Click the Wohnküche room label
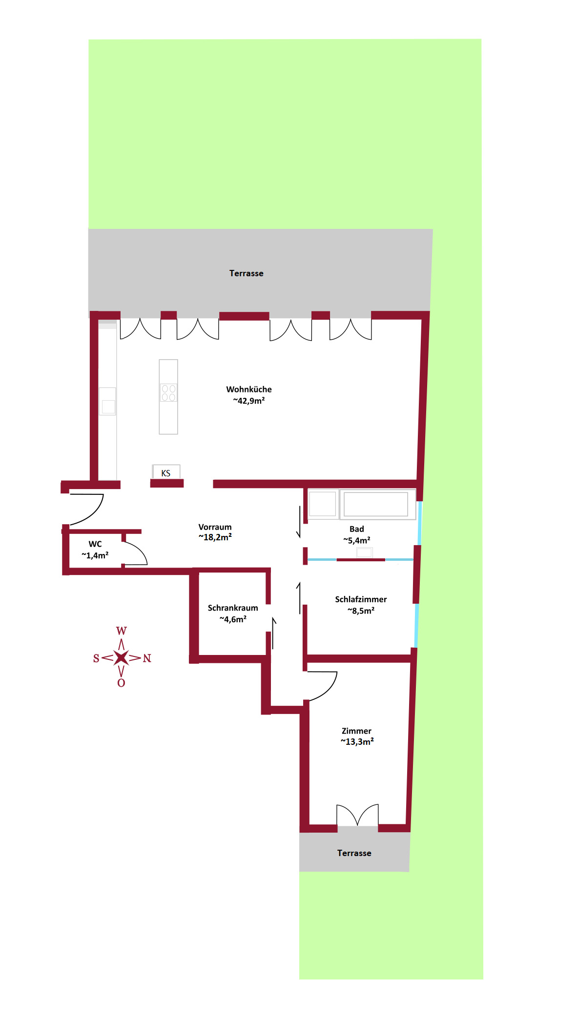249,395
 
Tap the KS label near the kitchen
166,473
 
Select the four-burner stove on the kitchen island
168,393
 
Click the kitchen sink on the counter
107,401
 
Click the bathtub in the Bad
376,504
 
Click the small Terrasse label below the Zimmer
354,853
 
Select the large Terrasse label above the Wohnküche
247,273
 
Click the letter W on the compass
121,631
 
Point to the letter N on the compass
147,658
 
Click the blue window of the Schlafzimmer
416,626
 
